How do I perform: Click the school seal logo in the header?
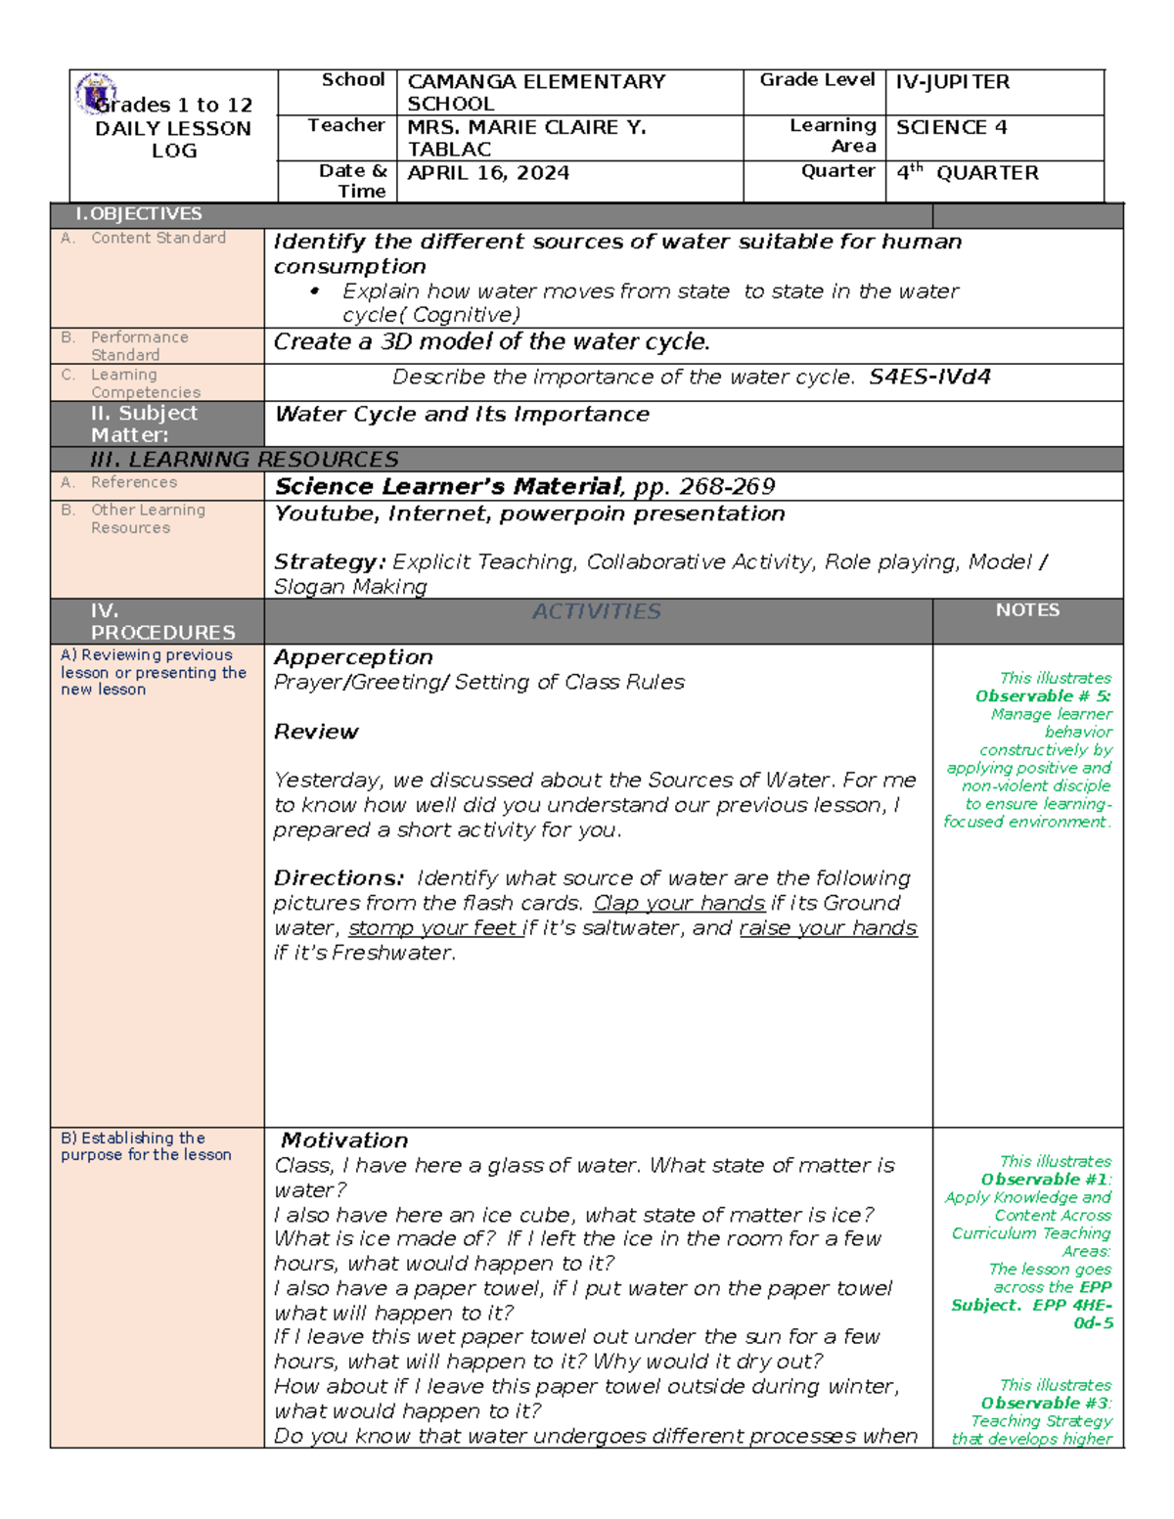pyautogui.click(x=95, y=93)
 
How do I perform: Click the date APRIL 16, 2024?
pyautogui.click(x=488, y=173)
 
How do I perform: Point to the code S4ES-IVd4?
pyautogui.click(x=929, y=378)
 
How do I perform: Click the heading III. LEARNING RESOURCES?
pyautogui.click(x=244, y=460)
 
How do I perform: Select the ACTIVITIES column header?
pyautogui.click(x=597, y=612)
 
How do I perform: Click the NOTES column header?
pyautogui.click(x=1027, y=610)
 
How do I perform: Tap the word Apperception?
pyautogui.click(x=353, y=657)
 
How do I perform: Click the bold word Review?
pyautogui.click(x=316, y=732)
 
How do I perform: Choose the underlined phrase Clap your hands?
pyautogui.click(x=679, y=904)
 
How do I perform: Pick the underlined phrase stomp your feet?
pyautogui.click(x=432, y=928)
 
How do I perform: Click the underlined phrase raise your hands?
pyautogui.click(x=828, y=928)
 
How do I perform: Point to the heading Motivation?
pyautogui.click(x=344, y=1140)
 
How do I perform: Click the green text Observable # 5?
pyautogui.click(x=1042, y=696)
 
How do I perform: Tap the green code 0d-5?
pyautogui.click(x=1093, y=1323)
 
